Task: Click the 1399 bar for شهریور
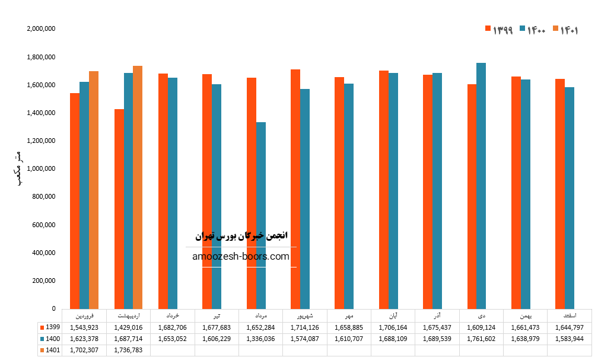295,189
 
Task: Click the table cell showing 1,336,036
260,339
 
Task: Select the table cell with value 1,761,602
481,339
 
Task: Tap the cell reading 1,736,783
128,350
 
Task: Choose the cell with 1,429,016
128,327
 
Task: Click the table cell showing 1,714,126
304,327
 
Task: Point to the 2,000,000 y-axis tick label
42,29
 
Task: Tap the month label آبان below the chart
393,315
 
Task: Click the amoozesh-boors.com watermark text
241,257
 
